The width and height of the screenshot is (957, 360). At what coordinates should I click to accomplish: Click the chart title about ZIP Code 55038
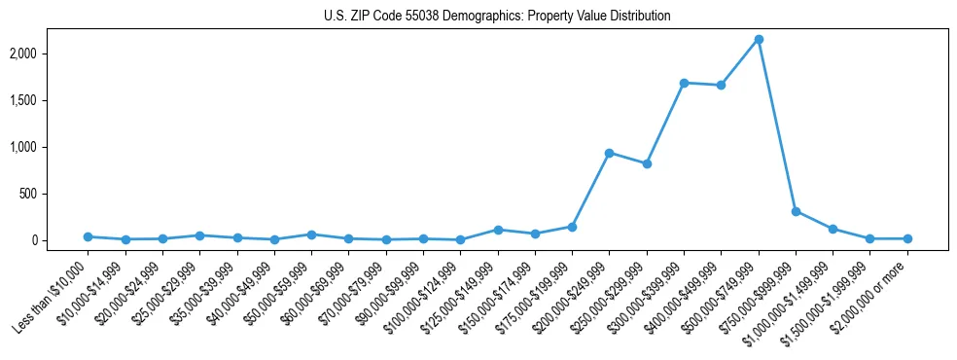(497, 17)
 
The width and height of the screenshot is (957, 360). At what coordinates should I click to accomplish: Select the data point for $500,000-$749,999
(759, 39)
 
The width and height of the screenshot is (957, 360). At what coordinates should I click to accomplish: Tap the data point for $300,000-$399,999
(684, 83)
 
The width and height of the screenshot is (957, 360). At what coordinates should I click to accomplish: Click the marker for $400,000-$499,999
(721, 86)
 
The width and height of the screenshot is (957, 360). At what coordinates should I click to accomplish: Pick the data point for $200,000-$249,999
(609, 153)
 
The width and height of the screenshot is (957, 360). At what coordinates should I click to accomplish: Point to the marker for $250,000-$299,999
(647, 163)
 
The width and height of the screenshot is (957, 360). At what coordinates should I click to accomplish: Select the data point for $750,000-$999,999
(796, 211)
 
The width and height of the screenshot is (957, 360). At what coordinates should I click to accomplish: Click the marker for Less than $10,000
(88, 236)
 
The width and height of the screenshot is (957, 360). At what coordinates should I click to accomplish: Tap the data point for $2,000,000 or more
(907, 238)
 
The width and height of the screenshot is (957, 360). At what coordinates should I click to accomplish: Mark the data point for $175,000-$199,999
(572, 227)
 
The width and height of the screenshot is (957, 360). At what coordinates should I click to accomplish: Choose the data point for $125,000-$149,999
(498, 230)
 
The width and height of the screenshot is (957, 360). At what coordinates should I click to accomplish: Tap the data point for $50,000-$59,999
(311, 234)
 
